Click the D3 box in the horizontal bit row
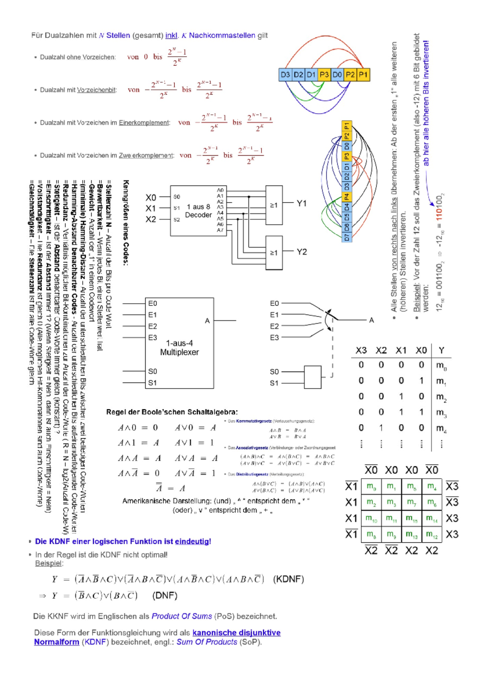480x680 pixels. coord(285,74)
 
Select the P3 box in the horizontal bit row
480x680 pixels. coord(324,74)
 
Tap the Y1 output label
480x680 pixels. coord(302,203)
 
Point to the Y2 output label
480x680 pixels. coord(302,252)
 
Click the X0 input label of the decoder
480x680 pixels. coord(151,197)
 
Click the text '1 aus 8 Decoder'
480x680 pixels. coord(198,211)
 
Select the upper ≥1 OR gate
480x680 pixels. coord(274,205)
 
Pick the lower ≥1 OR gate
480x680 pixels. coord(274,253)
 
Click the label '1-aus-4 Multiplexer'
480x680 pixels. coord(179,348)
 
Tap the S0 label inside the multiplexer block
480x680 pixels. coord(152,371)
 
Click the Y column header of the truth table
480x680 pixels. coord(441,350)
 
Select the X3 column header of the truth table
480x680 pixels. coord(361,350)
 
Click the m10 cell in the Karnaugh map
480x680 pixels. coord(371,519)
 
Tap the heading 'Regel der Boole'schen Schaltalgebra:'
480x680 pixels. coord(172,412)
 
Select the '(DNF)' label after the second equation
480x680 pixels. coord(165,596)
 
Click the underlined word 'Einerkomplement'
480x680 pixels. coord(144,123)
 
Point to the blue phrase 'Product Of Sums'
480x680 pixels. coord(182,616)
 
